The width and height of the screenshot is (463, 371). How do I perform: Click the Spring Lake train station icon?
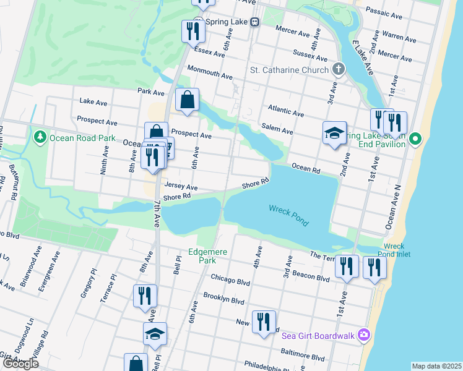pos(254,22)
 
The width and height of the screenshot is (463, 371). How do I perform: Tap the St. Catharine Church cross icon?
pos(338,69)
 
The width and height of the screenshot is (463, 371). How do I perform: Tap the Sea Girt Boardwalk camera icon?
pos(364,335)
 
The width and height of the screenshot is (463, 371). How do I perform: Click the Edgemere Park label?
pos(208,257)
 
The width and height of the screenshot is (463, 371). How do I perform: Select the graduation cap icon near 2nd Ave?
pos(334,133)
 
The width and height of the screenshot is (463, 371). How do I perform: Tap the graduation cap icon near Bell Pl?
pos(155,335)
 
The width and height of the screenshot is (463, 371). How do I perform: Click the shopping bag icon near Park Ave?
pos(187,100)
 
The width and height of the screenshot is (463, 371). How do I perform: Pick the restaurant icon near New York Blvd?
pos(264,322)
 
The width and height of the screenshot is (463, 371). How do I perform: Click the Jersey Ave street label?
pos(181,187)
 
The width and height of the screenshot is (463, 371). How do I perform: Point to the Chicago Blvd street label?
pos(230,279)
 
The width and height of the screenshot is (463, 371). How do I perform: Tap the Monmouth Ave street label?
pos(210,72)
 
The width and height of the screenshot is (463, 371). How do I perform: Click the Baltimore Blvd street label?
pos(301,357)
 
